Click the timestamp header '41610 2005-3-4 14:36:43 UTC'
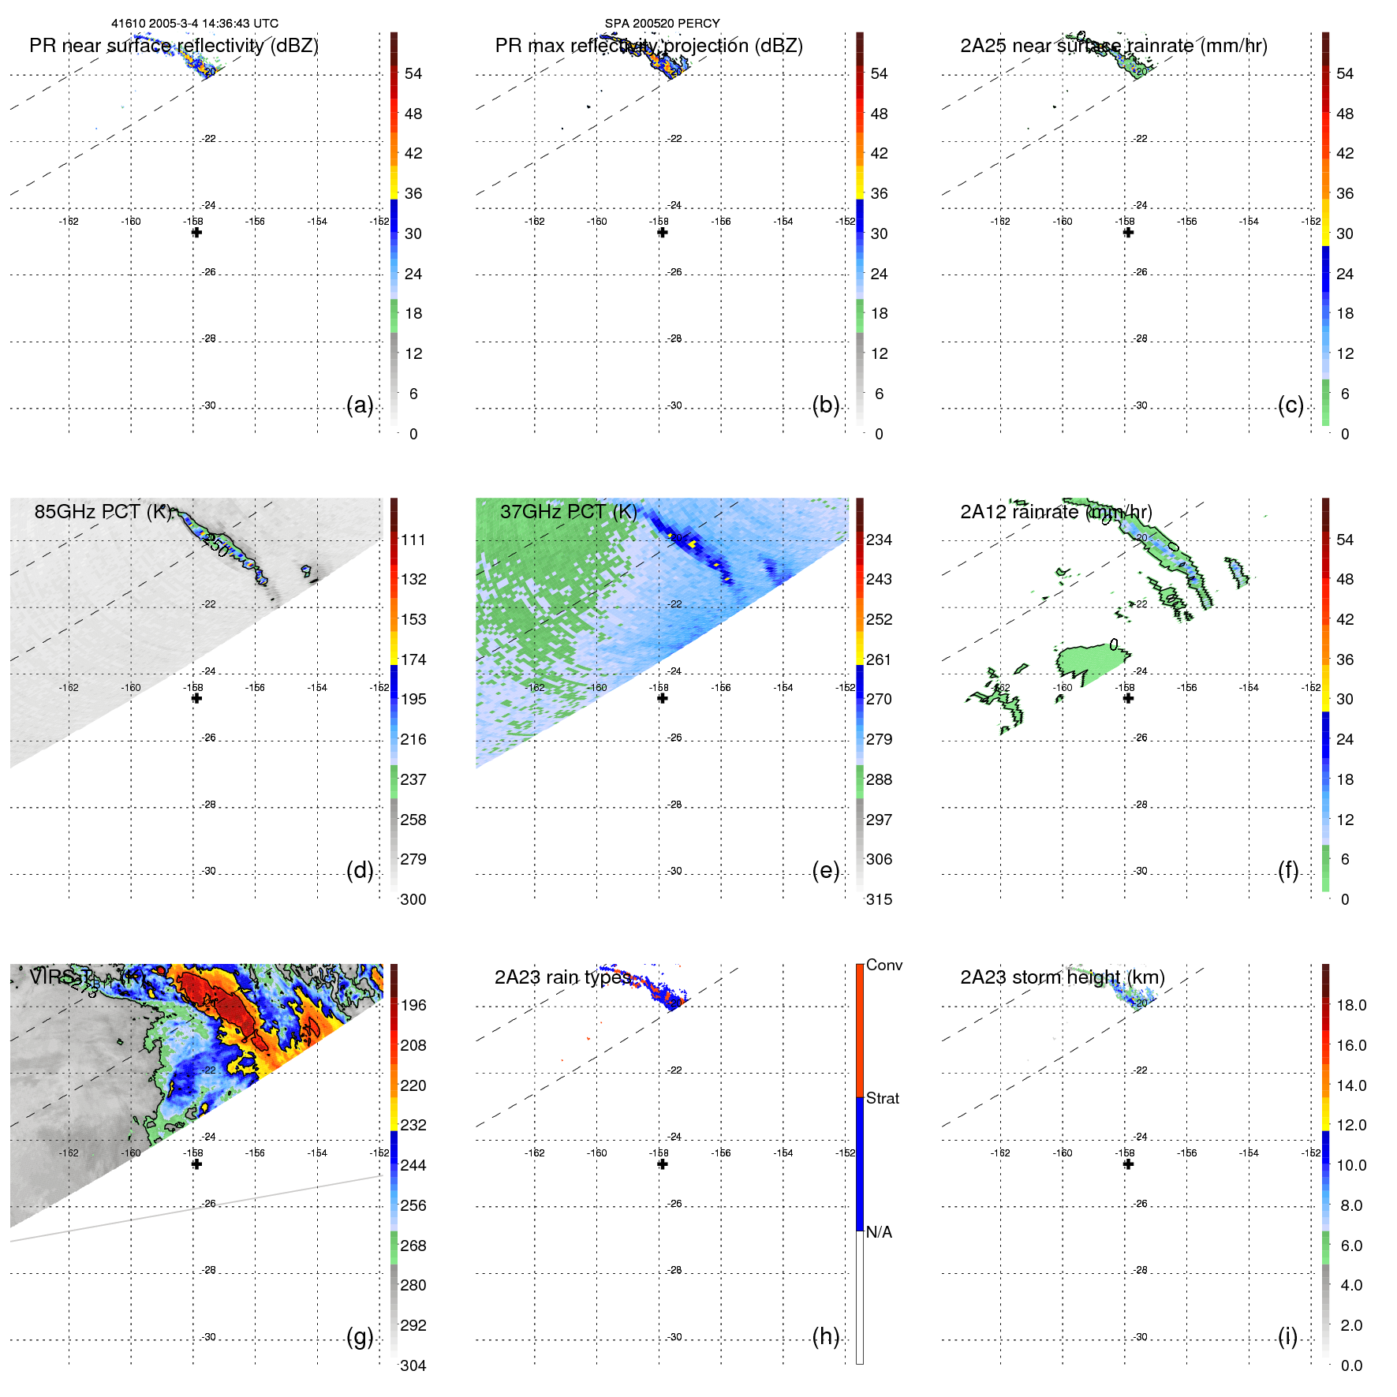[194, 24]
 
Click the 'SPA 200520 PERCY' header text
[662, 24]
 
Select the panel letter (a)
[360, 405]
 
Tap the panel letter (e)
[825, 871]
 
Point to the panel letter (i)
[1287, 1337]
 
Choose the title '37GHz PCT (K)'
[568, 512]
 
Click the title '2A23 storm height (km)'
[1062, 977]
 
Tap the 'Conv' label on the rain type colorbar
[883, 966]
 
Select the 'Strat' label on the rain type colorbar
[882, 1099]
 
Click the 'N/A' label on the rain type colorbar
[879, 1232]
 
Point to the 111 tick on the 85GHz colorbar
[413, 540]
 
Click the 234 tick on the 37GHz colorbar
[879, 540]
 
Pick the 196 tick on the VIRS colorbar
[413, 1006]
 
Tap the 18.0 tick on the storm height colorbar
[1350, 1006]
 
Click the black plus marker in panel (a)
[196, 233]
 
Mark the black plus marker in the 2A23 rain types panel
[662, 1164]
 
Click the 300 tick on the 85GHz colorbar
[413, 900]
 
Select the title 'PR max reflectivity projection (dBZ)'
[648, 46]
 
